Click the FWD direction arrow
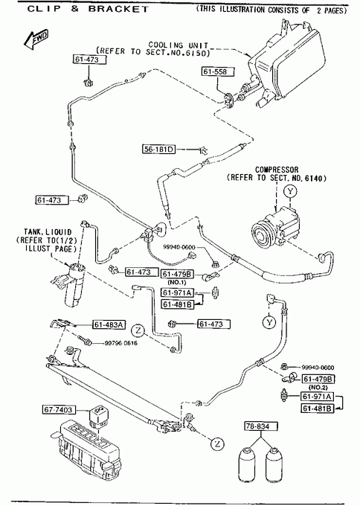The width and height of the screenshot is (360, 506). click(36, 39)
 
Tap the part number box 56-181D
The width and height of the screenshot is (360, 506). click(158, 149)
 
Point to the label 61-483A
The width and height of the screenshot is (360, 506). click(109, 324)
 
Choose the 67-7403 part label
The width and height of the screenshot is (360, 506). click(59, 410)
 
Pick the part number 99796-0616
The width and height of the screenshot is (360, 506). click(121, 343)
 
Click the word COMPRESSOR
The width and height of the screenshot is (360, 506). click(277, 170)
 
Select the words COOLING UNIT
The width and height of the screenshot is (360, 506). click(179, 45)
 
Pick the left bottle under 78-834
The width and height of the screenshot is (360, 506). click(248, 464)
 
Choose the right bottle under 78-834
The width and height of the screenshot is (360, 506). click(275, 464)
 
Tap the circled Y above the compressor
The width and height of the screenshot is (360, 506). click(290, 191)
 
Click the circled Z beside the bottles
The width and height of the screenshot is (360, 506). click(217, 444)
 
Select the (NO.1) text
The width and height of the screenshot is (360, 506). click(177, 282)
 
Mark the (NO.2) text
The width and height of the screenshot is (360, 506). click(318, 387)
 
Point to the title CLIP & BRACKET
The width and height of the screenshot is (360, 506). click(88, 9)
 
